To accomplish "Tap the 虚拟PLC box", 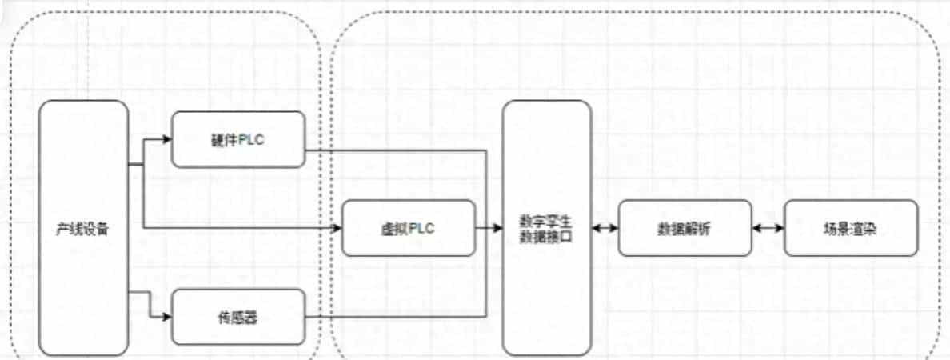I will (x=409, y=228).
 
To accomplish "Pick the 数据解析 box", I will (x=685, y=228).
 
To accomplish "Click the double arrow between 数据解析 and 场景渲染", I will (x=768, y=228).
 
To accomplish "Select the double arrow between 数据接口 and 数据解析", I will (x=605, y=228).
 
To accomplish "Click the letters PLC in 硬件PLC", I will (x=251, y=140).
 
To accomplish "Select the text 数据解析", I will (x=685, y=228).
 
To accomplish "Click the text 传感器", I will (x=239, y=318).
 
